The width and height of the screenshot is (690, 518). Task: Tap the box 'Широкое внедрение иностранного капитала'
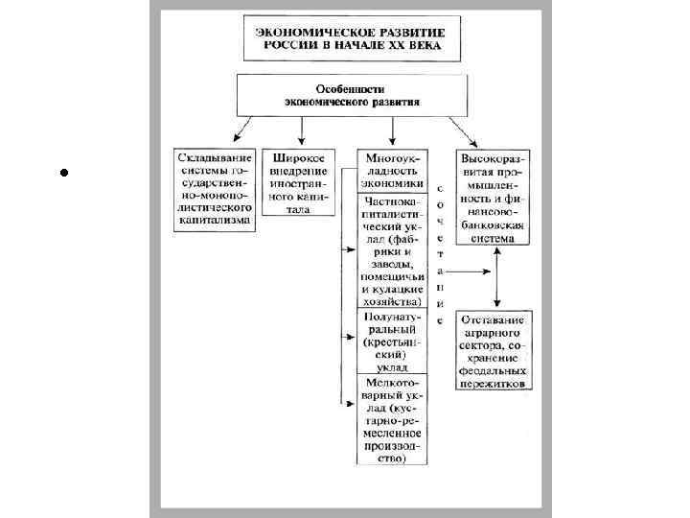298,182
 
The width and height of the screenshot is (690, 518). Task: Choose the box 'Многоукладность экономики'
391,169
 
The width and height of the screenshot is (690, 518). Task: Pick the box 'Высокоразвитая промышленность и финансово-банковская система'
494,196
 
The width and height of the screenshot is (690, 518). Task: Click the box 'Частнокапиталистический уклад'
391,249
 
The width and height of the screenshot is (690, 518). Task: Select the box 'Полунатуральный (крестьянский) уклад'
391,340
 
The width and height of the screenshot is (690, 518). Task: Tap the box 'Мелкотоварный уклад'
391,417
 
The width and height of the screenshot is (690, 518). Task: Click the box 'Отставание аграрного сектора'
494,350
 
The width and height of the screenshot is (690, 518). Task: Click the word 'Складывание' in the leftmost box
215,156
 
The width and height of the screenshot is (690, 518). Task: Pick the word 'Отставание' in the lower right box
494,318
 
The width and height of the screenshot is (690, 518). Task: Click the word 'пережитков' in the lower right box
494,382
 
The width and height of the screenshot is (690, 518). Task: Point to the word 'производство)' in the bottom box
391,458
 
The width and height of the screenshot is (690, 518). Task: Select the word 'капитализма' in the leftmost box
215,220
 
